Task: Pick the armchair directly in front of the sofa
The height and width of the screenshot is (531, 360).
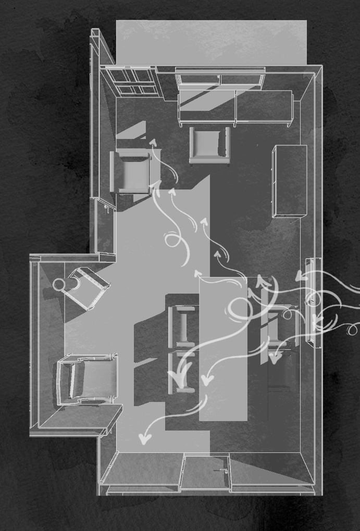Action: (x=209, y=145)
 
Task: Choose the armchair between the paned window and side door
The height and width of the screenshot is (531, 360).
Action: (x=133, y=172)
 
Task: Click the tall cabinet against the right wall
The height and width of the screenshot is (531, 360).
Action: (x=290, y=181)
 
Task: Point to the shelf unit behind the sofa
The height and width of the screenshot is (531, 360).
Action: (x=220, y=79)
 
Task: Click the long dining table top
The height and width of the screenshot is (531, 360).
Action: (x=223, y=349)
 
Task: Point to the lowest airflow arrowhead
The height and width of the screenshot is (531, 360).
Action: (x=144, y=439)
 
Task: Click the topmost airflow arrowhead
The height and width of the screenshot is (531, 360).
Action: (x=153, y=141)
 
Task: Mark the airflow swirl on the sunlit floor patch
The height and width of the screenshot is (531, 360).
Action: (x=172, y=241)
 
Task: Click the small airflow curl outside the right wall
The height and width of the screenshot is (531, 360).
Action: (x=353, y=329)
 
